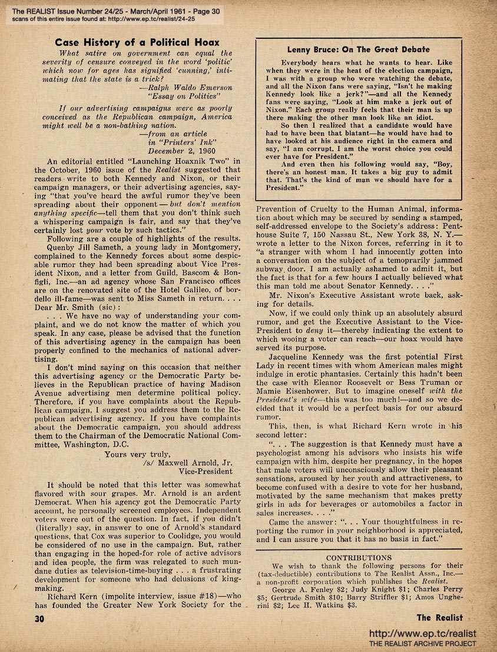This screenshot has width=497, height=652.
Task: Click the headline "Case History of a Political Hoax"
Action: (137, 42)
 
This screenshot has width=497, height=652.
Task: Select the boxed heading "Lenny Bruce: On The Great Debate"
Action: (358, 49)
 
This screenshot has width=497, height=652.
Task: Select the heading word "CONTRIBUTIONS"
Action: (359, 557)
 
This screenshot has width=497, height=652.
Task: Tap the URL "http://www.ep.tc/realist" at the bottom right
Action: (422, 634)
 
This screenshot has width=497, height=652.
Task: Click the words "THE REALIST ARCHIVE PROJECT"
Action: (422, 644)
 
